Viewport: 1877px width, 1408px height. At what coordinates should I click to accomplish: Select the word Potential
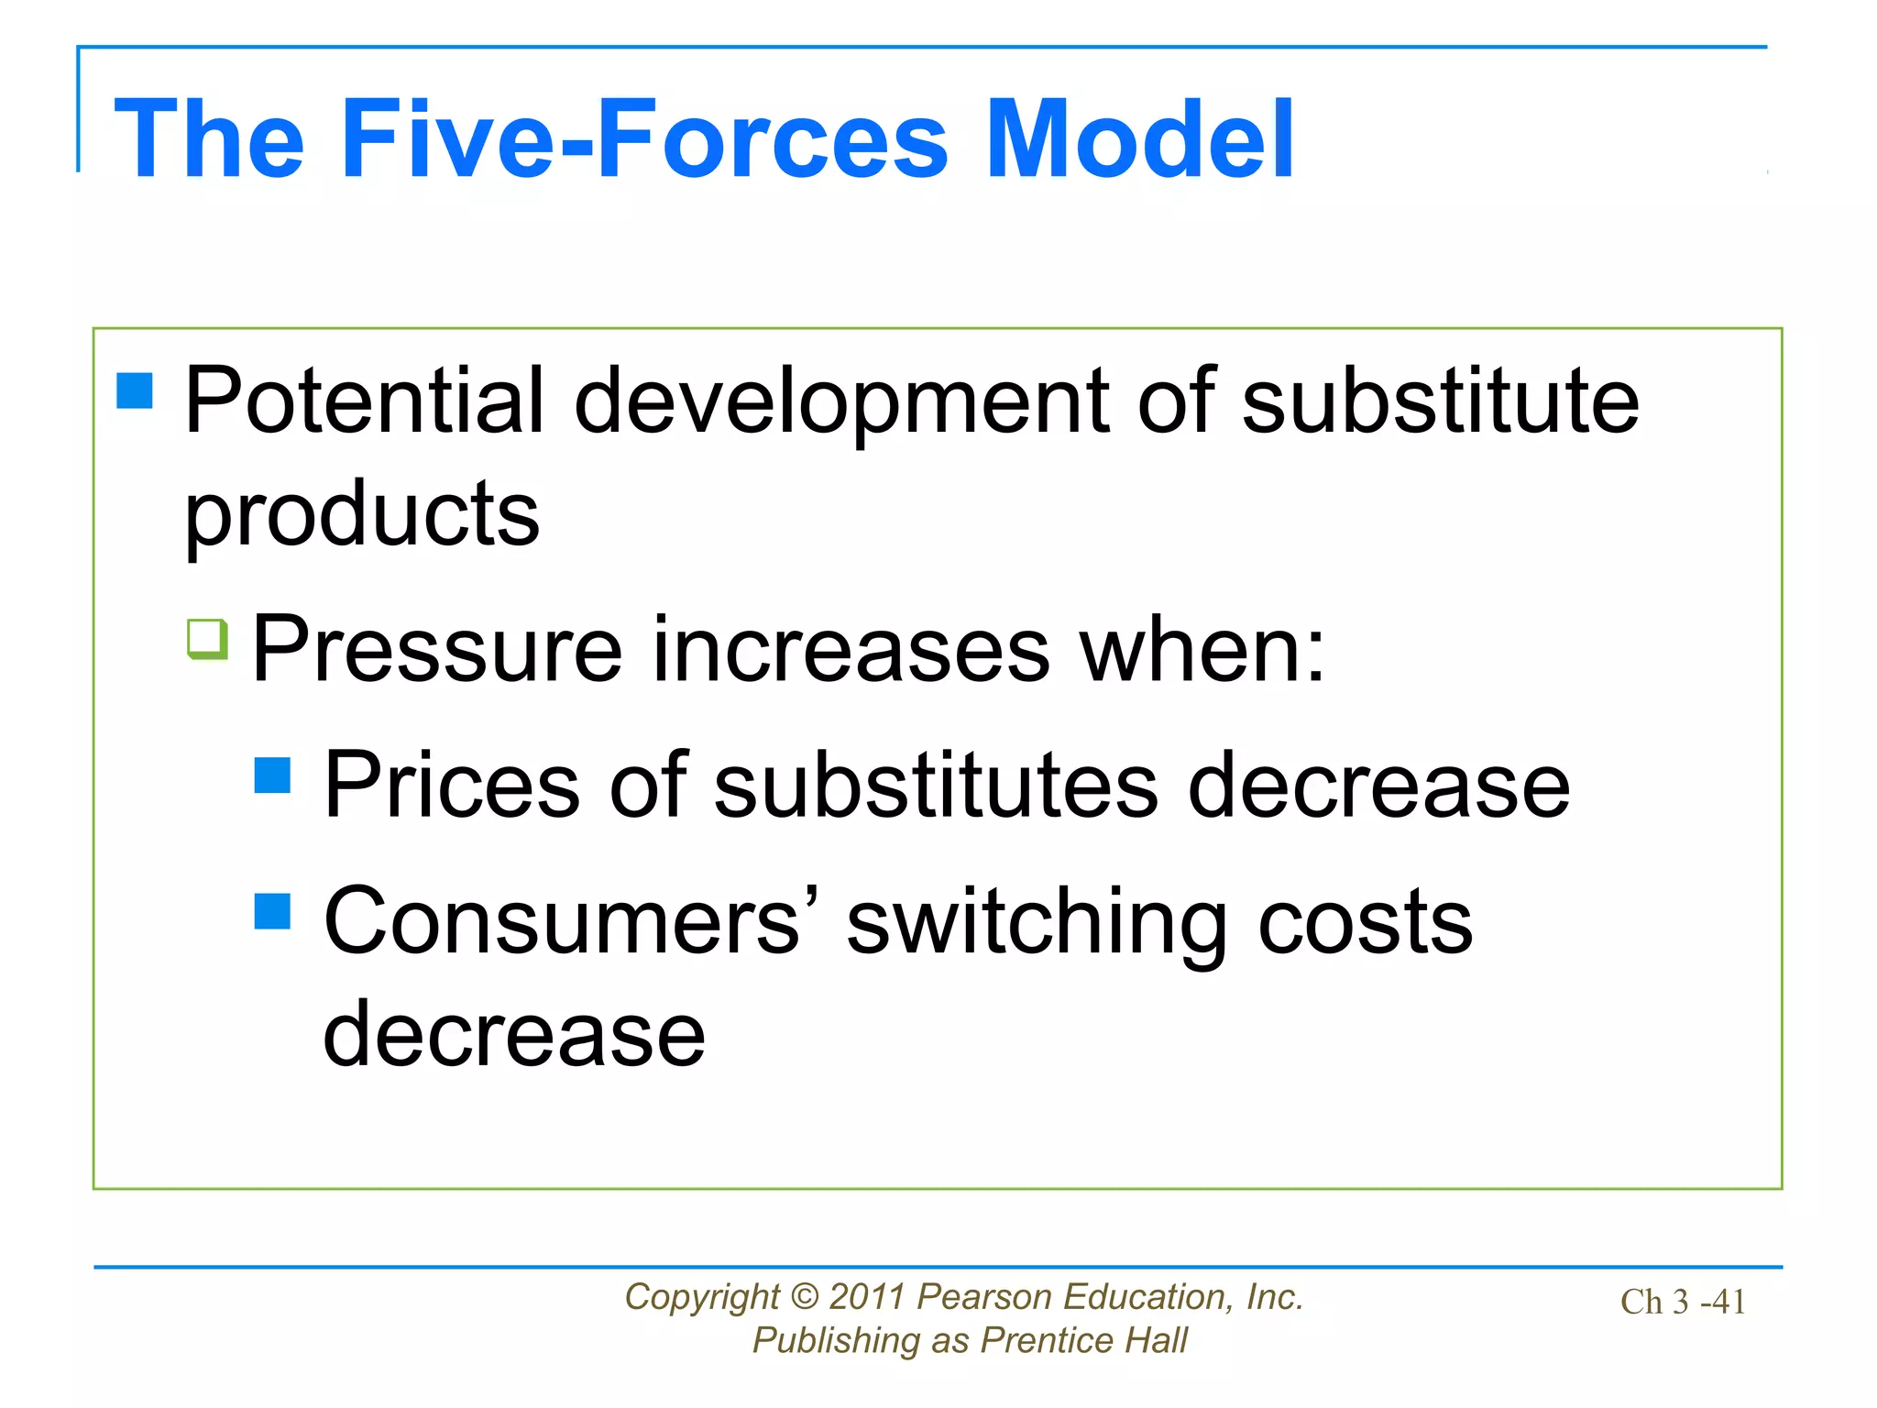(365, 401)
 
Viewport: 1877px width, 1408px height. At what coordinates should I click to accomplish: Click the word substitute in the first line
(1440, 401)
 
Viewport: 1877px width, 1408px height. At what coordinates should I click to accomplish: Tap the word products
(362, 515)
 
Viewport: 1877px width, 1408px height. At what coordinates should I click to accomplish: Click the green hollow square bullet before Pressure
(207, 638)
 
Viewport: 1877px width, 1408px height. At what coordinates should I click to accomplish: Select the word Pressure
(437, 649)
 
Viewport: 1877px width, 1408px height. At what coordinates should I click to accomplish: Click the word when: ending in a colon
(1202, 649)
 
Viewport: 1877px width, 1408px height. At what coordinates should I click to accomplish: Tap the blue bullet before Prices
(272, 775)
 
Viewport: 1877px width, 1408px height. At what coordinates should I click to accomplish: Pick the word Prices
(452, 785)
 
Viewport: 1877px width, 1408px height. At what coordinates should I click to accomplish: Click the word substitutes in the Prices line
(936, 785)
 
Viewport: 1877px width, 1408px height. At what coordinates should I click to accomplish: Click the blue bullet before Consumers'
(272, 911)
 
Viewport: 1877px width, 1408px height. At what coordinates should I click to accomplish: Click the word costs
(1365, 922)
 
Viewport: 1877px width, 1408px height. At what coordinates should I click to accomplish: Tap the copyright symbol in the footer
(804, 1297)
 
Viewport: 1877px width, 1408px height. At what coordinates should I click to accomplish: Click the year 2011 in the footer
(868, 1297)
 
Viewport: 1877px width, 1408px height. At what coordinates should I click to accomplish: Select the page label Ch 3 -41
(1683, 1302)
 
